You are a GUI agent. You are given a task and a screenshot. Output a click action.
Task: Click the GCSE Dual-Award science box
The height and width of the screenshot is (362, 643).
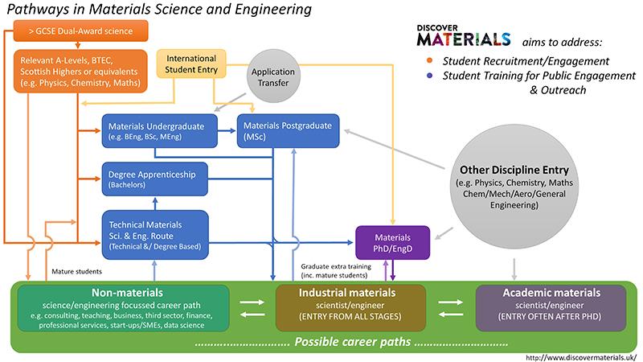tap(82, 33)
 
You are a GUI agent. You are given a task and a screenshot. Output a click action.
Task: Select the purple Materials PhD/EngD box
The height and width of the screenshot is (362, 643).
tap(393, 242)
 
